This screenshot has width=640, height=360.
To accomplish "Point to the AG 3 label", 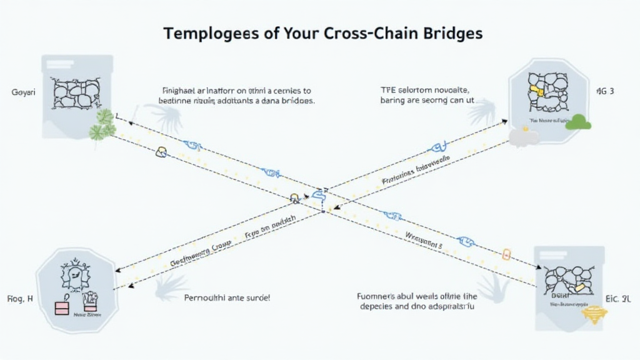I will [605, 91].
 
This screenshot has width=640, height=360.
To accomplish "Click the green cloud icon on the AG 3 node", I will [578, 122].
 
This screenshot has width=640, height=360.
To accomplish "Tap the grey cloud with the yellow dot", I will [524, 136].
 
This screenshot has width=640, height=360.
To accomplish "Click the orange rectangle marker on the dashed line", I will [507, 254].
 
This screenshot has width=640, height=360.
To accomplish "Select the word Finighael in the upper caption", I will [177, 90].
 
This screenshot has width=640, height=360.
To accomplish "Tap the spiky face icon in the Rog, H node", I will [75, 274].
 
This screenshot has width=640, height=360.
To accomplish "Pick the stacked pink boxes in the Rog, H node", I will [62, 307].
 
